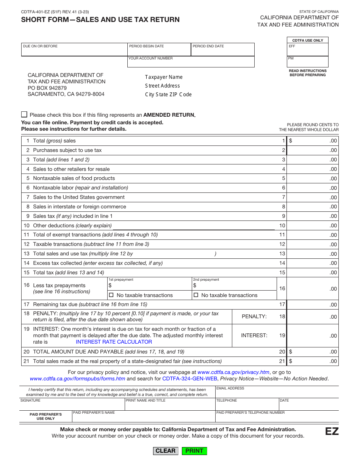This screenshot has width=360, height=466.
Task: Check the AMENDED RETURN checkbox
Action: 24,114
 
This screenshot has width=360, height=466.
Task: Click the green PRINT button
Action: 194,450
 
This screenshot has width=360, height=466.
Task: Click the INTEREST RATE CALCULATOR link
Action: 114,342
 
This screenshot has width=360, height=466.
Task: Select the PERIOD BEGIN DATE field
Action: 159,51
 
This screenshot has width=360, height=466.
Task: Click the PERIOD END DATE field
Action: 223,51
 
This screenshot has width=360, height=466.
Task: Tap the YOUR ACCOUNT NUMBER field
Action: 191,63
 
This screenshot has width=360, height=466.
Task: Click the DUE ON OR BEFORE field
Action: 74,51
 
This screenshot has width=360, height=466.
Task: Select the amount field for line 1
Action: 312,141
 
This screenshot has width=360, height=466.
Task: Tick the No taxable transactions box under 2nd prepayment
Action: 196,295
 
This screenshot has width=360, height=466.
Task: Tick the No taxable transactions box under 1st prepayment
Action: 111,295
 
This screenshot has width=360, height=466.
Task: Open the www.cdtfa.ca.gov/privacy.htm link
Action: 233,372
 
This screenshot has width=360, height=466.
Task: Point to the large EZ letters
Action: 332,432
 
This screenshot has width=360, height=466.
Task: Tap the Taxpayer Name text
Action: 164,77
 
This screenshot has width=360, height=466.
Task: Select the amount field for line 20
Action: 312,352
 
